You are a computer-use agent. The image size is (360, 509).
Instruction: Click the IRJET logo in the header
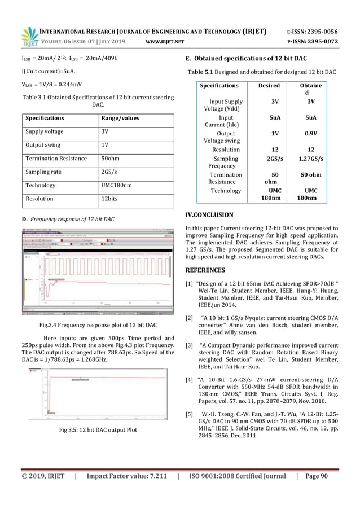[x=28, y=36]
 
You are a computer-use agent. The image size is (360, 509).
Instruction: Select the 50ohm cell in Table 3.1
[x=109, y=159]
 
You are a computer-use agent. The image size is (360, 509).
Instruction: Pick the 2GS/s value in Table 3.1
[x=108, y=172]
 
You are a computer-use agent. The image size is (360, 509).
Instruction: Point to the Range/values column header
[x=120, y=119]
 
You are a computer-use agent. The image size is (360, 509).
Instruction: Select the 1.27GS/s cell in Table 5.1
[x=311, y=159]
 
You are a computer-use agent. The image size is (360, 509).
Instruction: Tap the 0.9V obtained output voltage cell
[x=311, y=134]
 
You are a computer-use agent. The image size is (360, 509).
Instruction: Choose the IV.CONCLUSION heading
[x=209, y=215]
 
